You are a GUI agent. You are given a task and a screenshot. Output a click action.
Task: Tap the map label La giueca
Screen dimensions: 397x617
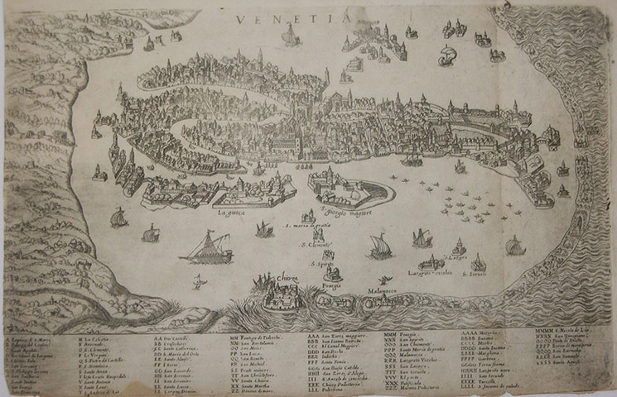coord(234,213)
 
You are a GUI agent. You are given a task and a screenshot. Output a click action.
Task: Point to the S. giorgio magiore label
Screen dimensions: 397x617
coord(341,212)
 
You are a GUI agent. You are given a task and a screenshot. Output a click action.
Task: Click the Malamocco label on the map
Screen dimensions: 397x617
coord(379,291)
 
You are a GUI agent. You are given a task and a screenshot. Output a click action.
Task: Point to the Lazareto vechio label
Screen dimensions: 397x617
coord(431,271)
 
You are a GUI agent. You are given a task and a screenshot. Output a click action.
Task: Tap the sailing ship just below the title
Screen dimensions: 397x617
coord(290,35)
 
